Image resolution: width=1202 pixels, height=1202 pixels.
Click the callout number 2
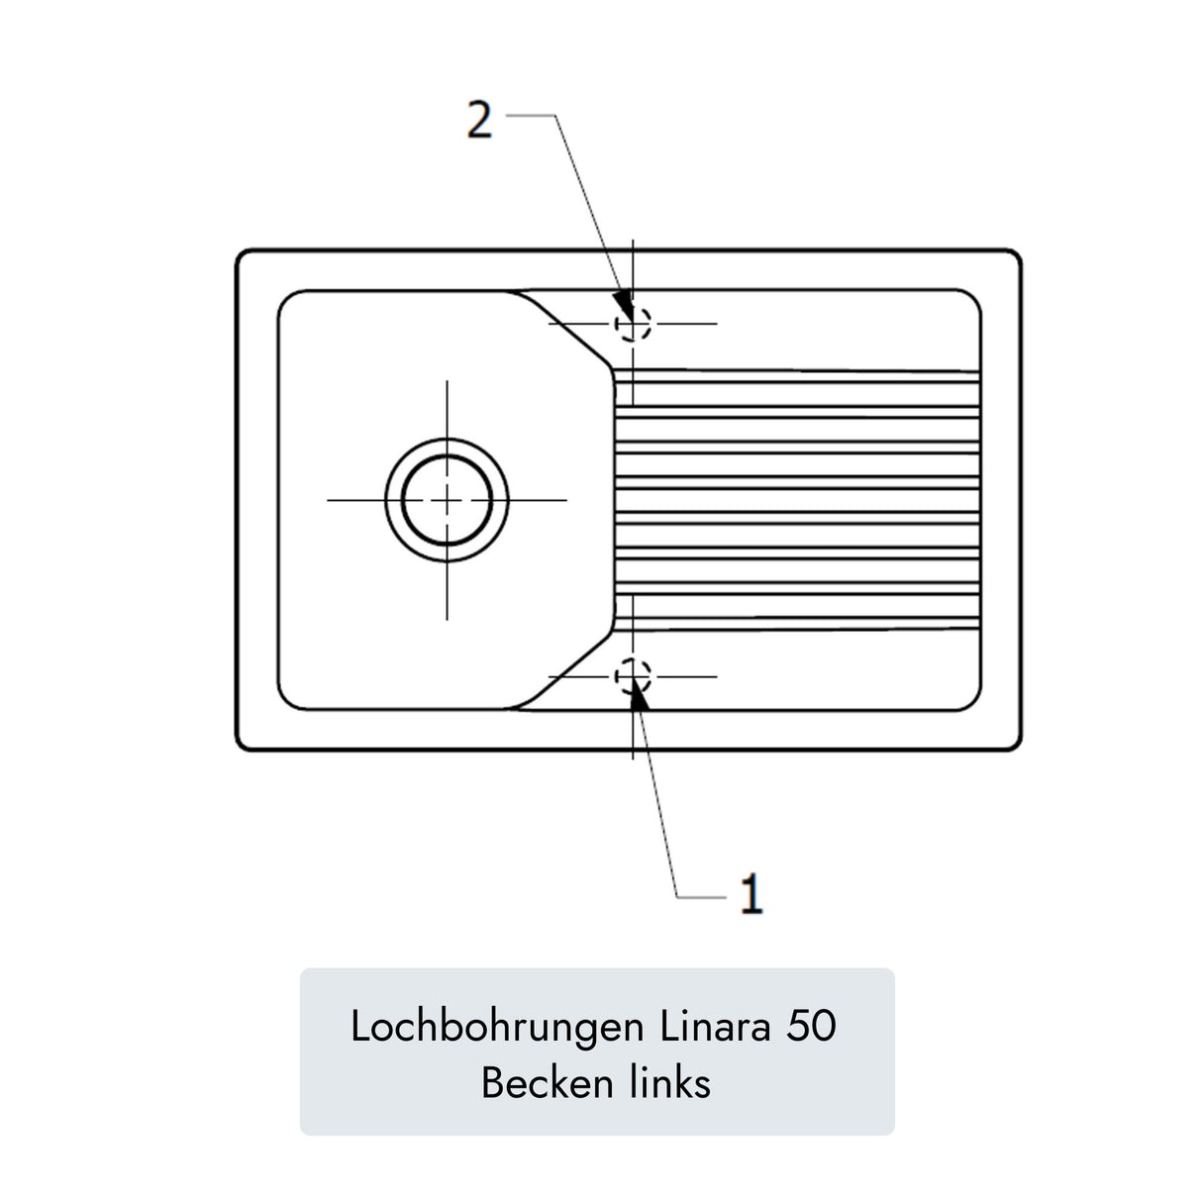tap(479, 119)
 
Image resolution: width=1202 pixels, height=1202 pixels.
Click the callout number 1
tap(751, 893)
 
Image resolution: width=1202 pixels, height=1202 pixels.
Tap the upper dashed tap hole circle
tap(633, 324)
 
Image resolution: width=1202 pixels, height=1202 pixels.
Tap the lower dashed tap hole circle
tap(633, 676)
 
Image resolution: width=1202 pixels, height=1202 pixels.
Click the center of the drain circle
tap(447, 500)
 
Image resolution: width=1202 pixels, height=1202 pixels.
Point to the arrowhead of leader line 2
tap(623, 304)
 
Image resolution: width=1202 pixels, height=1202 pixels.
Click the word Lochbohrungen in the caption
tap(496, 1026)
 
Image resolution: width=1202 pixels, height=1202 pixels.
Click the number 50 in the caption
tap(811, 1027)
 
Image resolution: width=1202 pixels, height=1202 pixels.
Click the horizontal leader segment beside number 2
tap(530, 116)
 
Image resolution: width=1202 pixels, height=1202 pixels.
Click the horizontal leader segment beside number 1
tap(702, 897)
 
